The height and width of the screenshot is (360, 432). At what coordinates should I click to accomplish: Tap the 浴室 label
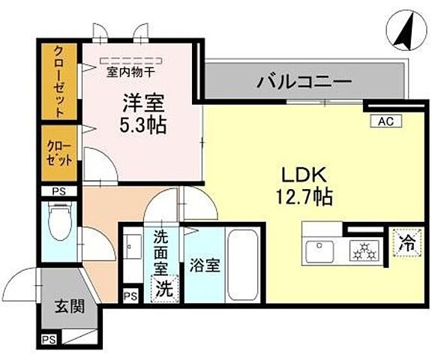point(204,265)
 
